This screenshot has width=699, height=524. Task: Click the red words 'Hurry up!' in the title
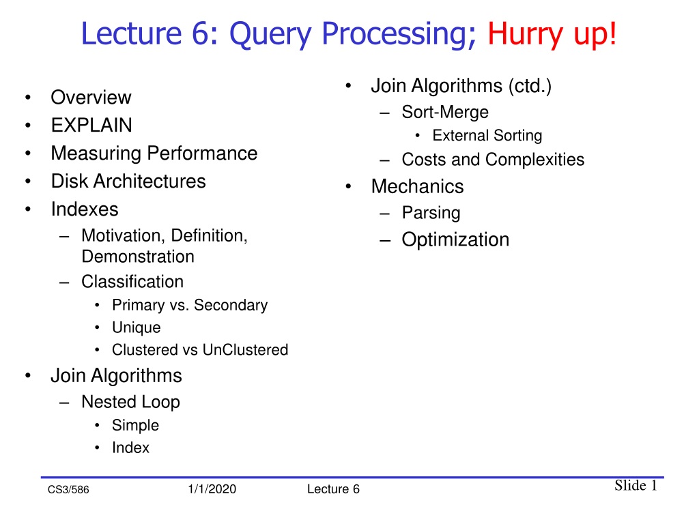pos(552,34)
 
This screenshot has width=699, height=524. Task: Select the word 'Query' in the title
pos(270,35)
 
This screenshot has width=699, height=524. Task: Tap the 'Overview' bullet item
pos(91,97)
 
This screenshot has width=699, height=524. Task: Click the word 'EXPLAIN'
pos(91,126)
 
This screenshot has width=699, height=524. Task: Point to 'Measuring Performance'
pos(154,154)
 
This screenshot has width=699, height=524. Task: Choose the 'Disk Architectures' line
pos(128,181)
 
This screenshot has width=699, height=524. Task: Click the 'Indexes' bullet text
pos(85,209)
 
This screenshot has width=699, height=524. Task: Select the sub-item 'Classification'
pos(132,282)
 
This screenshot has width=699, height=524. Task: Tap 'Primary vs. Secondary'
pos(190,305)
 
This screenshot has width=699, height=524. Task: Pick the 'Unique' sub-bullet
pos(137,328)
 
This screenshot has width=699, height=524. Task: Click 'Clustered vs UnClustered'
pos(200,350)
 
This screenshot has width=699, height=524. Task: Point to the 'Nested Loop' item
pos(130,403)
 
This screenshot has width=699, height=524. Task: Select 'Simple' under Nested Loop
pos(136,426)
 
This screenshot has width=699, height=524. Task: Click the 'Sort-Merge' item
pos(445,113)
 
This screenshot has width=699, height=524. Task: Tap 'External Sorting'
pos(487,136)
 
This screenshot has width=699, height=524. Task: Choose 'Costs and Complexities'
pos(493,160)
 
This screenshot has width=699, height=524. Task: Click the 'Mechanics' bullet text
pos(417,187)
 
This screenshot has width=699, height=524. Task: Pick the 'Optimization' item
pos(455,240)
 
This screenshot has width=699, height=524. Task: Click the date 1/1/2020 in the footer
pos(212,489)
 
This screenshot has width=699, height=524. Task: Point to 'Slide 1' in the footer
pos(636,485)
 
